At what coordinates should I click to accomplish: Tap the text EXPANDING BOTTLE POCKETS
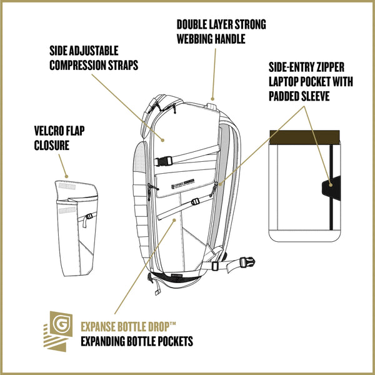[x=137, y=341]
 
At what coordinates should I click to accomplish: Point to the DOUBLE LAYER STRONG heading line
[x=221, y=25]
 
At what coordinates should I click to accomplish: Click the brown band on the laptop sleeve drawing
[x=304, y=137]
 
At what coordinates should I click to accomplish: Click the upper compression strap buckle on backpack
[x=160, y=159]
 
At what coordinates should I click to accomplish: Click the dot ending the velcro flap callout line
[x=66, y=176]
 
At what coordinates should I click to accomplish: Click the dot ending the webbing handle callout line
[x=212, y=98]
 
